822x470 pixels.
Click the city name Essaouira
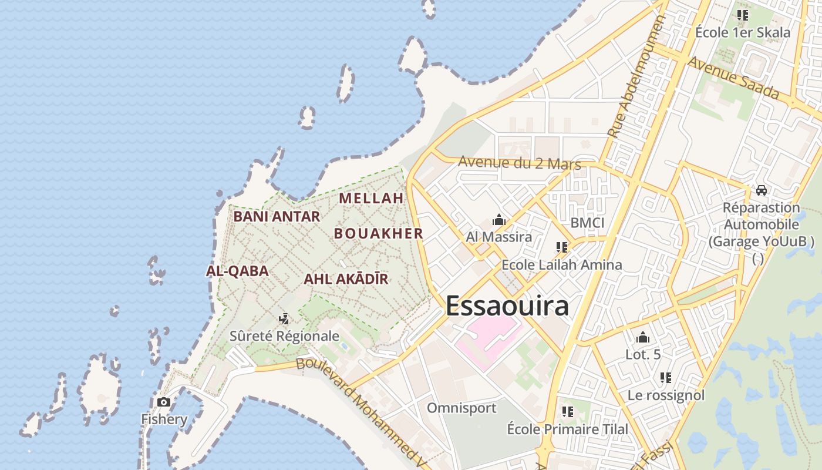(507, 306)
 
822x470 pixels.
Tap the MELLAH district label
(371, 198)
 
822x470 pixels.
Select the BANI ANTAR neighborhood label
(277, 216)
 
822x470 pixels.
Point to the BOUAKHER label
(379, 233)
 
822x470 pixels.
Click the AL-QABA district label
(237, 271)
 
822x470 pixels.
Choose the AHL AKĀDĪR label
(346, 279)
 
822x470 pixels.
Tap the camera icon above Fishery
(164, 402)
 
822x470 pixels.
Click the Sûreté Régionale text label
(284, 336)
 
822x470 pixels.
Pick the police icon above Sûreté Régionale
(284, 319)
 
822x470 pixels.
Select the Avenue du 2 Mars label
(520, 163)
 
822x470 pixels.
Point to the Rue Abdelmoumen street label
(635, 76)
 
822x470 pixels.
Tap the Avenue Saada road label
(733, 78)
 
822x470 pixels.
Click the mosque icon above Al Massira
(499, 220)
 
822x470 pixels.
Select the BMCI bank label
(587, 223)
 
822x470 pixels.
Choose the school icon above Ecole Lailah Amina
(561, 247)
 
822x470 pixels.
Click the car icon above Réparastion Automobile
(762, 190)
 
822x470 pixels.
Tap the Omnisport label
(461, 408)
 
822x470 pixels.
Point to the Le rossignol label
(666, 395)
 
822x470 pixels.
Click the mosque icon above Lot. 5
(643, 337)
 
